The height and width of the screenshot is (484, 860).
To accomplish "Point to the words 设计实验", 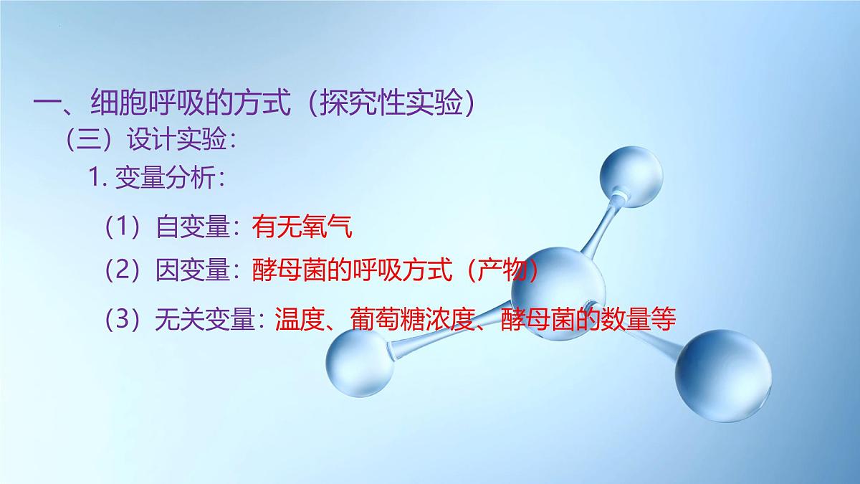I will click(175, 140).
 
